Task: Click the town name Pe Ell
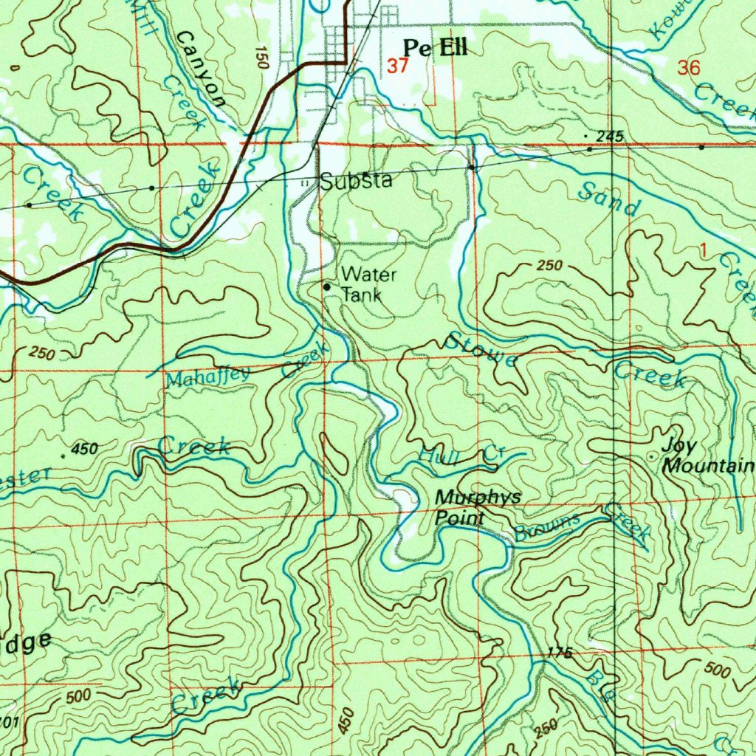(435, 49)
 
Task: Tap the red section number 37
(397, 66)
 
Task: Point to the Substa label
(356, 182)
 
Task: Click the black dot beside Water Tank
(327, 286)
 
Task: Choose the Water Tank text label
(368, 284)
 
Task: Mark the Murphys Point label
(477, 507)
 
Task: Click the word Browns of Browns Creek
(547, 527)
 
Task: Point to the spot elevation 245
(610, 136)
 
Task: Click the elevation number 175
(560, 653)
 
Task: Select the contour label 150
(259, 58)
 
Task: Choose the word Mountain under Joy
(709, 467)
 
